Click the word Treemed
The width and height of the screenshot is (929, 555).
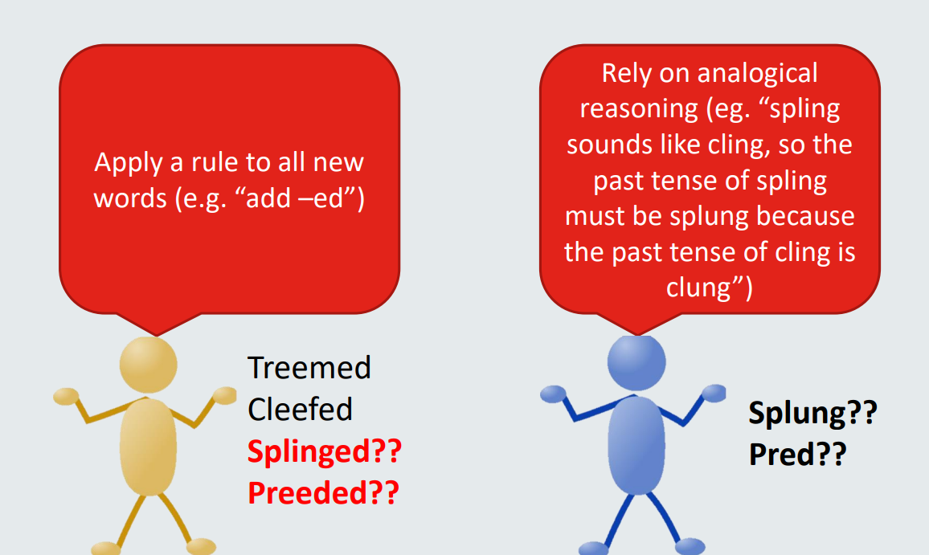click(309, 368)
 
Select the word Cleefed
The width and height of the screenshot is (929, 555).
click(301, 410)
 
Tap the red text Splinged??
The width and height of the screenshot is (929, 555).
click(325, 452)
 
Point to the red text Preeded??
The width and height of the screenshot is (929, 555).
click(324, 493)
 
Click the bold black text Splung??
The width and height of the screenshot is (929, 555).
click(813, 414)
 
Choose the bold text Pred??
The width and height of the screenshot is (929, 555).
click(798, 455)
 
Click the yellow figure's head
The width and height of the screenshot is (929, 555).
click(148, 365)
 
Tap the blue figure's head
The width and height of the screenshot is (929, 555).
click(636, 363)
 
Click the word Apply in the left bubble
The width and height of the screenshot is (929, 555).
click(128, 163)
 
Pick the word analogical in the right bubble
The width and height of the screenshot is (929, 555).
click(757, 73)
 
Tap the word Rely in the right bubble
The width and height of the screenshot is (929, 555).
click(627, 74)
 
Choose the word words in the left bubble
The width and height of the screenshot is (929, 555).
click(130, 198)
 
